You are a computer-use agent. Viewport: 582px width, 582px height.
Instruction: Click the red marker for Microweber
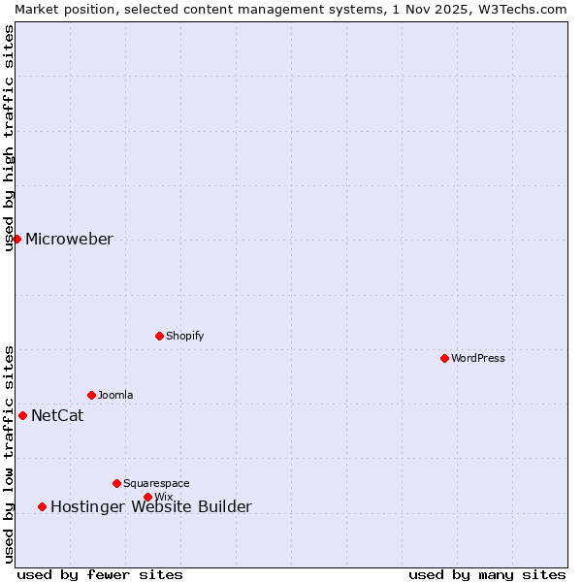point(16,239)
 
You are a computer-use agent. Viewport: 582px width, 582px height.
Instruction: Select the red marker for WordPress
point(444,358)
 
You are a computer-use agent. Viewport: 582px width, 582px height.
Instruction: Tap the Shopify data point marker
point(159,336)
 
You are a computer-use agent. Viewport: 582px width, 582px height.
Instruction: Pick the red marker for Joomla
point(91,395)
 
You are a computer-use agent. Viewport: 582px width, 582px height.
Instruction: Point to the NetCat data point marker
point(22,415)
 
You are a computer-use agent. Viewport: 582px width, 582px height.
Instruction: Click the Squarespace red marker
point(116,483)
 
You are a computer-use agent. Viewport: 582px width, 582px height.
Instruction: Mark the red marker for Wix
point(147,497)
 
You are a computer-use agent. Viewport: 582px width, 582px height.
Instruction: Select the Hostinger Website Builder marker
point(42,506)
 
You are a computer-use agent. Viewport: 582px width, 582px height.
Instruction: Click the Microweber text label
point(69,240)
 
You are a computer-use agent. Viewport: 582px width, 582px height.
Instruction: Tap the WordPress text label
point(478,358)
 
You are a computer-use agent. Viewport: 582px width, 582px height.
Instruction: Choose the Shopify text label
point(184,336)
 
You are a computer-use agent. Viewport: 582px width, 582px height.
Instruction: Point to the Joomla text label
point(115,395)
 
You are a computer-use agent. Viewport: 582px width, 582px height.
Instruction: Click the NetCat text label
point(57,416)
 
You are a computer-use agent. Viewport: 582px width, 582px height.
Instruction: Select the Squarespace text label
point(156,483)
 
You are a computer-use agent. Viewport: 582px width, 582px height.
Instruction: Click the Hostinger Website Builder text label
point(151,506)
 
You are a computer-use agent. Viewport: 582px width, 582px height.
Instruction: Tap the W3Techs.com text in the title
point(522,9)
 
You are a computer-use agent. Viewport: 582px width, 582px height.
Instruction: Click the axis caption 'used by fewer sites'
point(100,574)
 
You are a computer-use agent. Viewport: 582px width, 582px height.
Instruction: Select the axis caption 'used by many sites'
point(487,574)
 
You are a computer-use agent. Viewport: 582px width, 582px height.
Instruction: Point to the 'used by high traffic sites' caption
point(9,138)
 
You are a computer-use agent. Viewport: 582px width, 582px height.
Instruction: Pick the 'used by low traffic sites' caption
point(9,454)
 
